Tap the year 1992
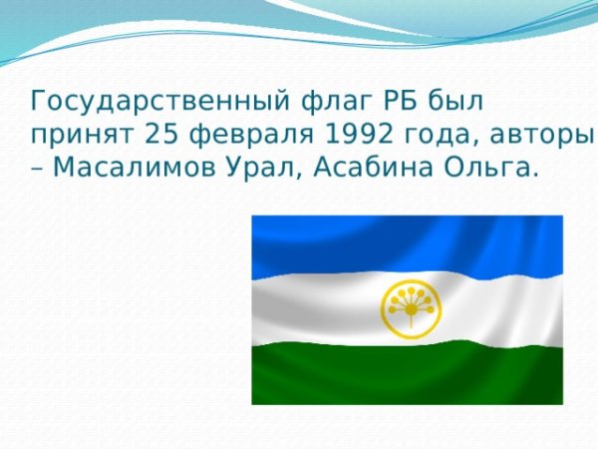tap(344, 133)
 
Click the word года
tap(423, 134)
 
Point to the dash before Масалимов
tap(37, 167)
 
